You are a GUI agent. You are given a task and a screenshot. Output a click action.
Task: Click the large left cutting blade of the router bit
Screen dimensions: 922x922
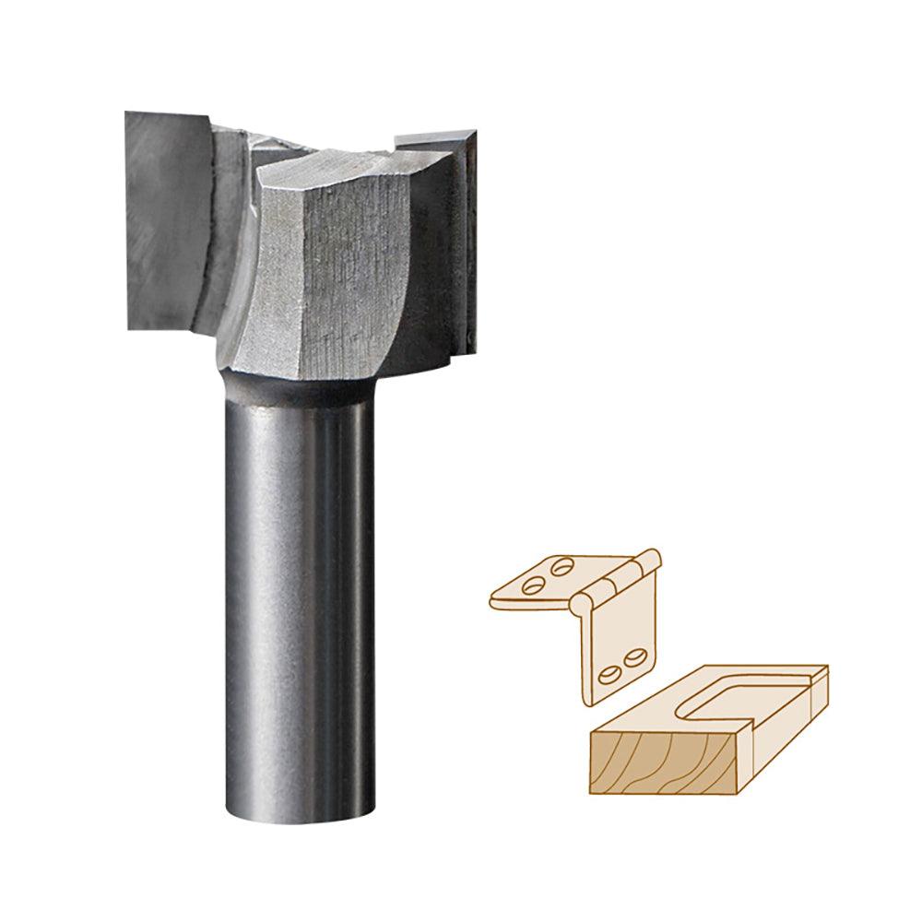[166, 221]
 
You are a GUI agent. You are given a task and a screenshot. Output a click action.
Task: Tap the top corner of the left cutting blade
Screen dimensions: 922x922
[129, 114]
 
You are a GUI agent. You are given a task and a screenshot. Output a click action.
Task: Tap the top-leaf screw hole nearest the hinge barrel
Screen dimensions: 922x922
[562, 566]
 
